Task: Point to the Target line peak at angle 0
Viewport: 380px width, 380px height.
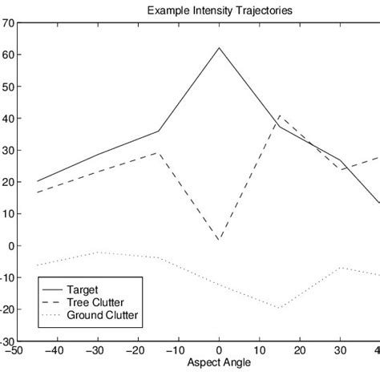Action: pyautogui.click(x=219, y=47)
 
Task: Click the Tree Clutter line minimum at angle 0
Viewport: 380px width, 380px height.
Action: pyautogui.click(x=219, y=241)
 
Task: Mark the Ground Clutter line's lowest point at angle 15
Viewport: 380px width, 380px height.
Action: pyautogui.click(x=279, y=308)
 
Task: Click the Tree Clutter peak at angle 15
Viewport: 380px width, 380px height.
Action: pyautogui.click(x=279, y=115)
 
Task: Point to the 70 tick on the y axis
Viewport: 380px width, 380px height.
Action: pyautogui.click(x=7, y=23)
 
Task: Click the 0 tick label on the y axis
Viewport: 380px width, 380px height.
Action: pyautogui.click(x=10, y=246)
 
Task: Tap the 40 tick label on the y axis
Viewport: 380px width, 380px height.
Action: pyautogui.click(x=7, y=119)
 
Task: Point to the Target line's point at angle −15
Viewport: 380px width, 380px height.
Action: pyautogui.click(x=159, y=131)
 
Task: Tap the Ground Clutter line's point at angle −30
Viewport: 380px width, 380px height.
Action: pyautogui.click(x=98, y=253)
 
